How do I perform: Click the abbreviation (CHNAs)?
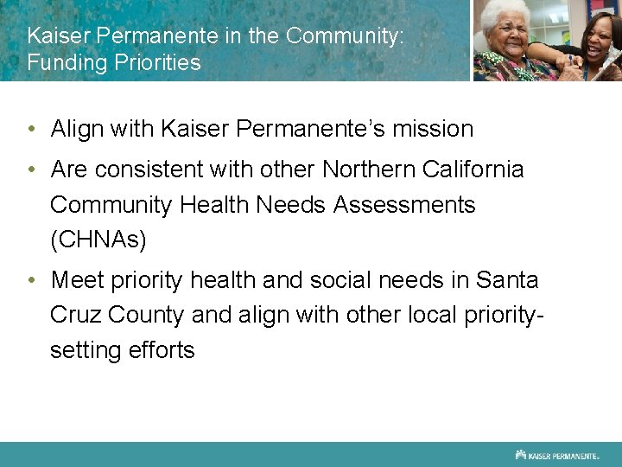coord(98,240)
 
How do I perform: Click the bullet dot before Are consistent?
coord(31,170)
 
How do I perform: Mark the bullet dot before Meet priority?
coord(31,280)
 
